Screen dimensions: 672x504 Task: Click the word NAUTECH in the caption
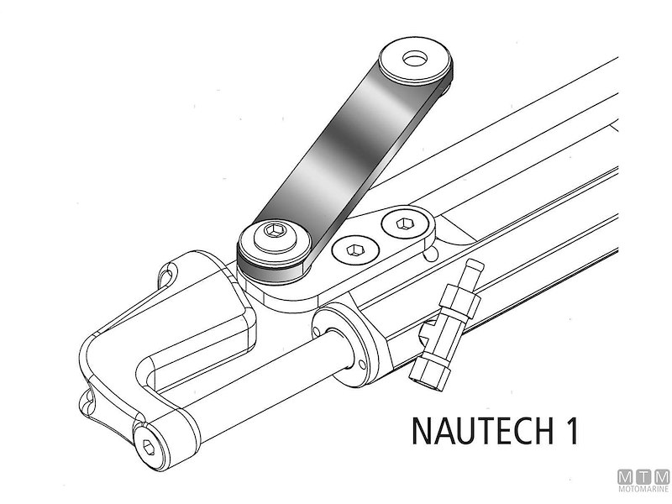click(x=482, y=430)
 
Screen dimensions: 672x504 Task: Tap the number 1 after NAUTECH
click(x=572, y=430)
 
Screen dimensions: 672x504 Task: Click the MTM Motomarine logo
click(x=643, y=480)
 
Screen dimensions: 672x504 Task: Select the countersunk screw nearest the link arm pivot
click(x=355, y=249)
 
